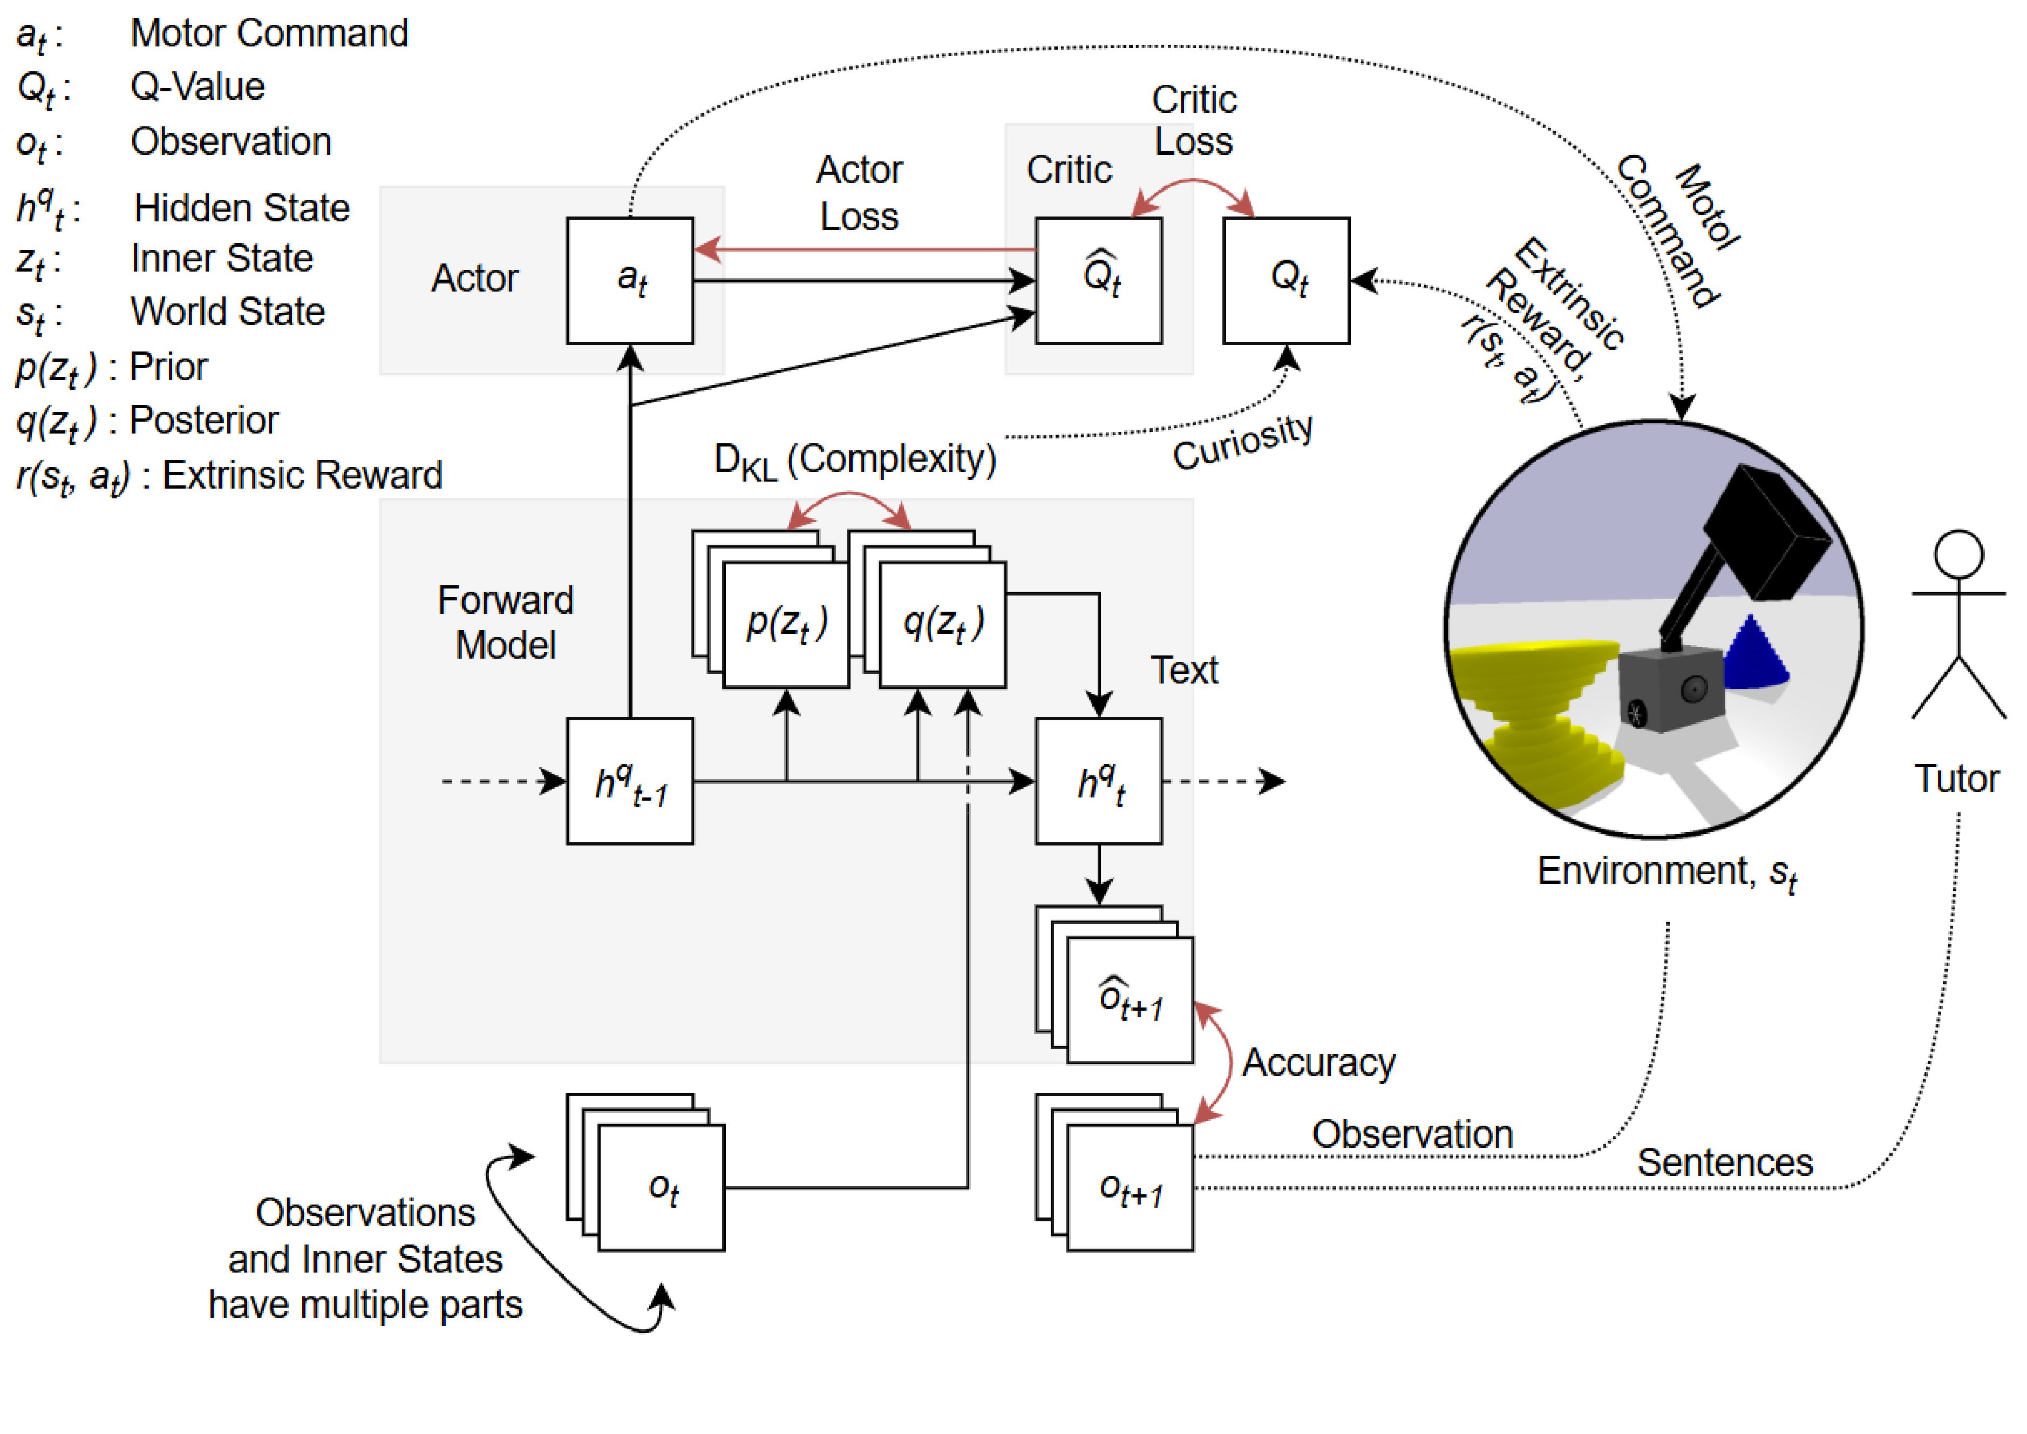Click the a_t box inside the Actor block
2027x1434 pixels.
point(629,281)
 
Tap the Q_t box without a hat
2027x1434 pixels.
point(1285,281)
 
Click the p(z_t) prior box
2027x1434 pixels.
point(786,624)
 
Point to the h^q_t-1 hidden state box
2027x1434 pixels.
point(629,781)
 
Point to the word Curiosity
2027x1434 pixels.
point(1242,442)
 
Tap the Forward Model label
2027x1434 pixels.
point(505,623)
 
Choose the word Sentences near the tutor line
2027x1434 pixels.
point(1724,1163)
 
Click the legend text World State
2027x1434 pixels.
point(228,312)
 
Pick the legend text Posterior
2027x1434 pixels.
point(204,420)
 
